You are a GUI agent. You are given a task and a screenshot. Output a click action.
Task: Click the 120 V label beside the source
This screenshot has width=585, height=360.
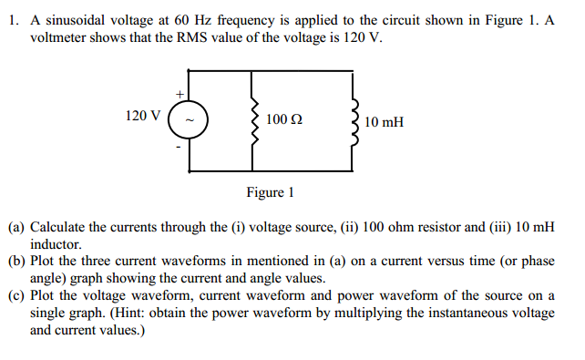[x=143, y=116]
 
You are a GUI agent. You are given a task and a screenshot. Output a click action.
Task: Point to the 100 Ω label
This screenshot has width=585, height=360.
[x=285, y=119]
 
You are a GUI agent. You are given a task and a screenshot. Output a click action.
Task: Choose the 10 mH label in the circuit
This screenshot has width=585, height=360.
[x=384, y=121]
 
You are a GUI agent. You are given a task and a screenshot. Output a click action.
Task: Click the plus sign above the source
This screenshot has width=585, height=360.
[x=180, y=93]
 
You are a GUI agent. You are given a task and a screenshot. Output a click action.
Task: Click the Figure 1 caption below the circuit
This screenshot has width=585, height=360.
[x=271, y=192]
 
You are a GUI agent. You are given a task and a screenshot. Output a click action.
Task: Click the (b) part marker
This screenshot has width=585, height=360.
[x=16, y=262]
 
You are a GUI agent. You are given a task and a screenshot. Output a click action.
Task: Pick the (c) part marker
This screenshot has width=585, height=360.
[x=16, y=295]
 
